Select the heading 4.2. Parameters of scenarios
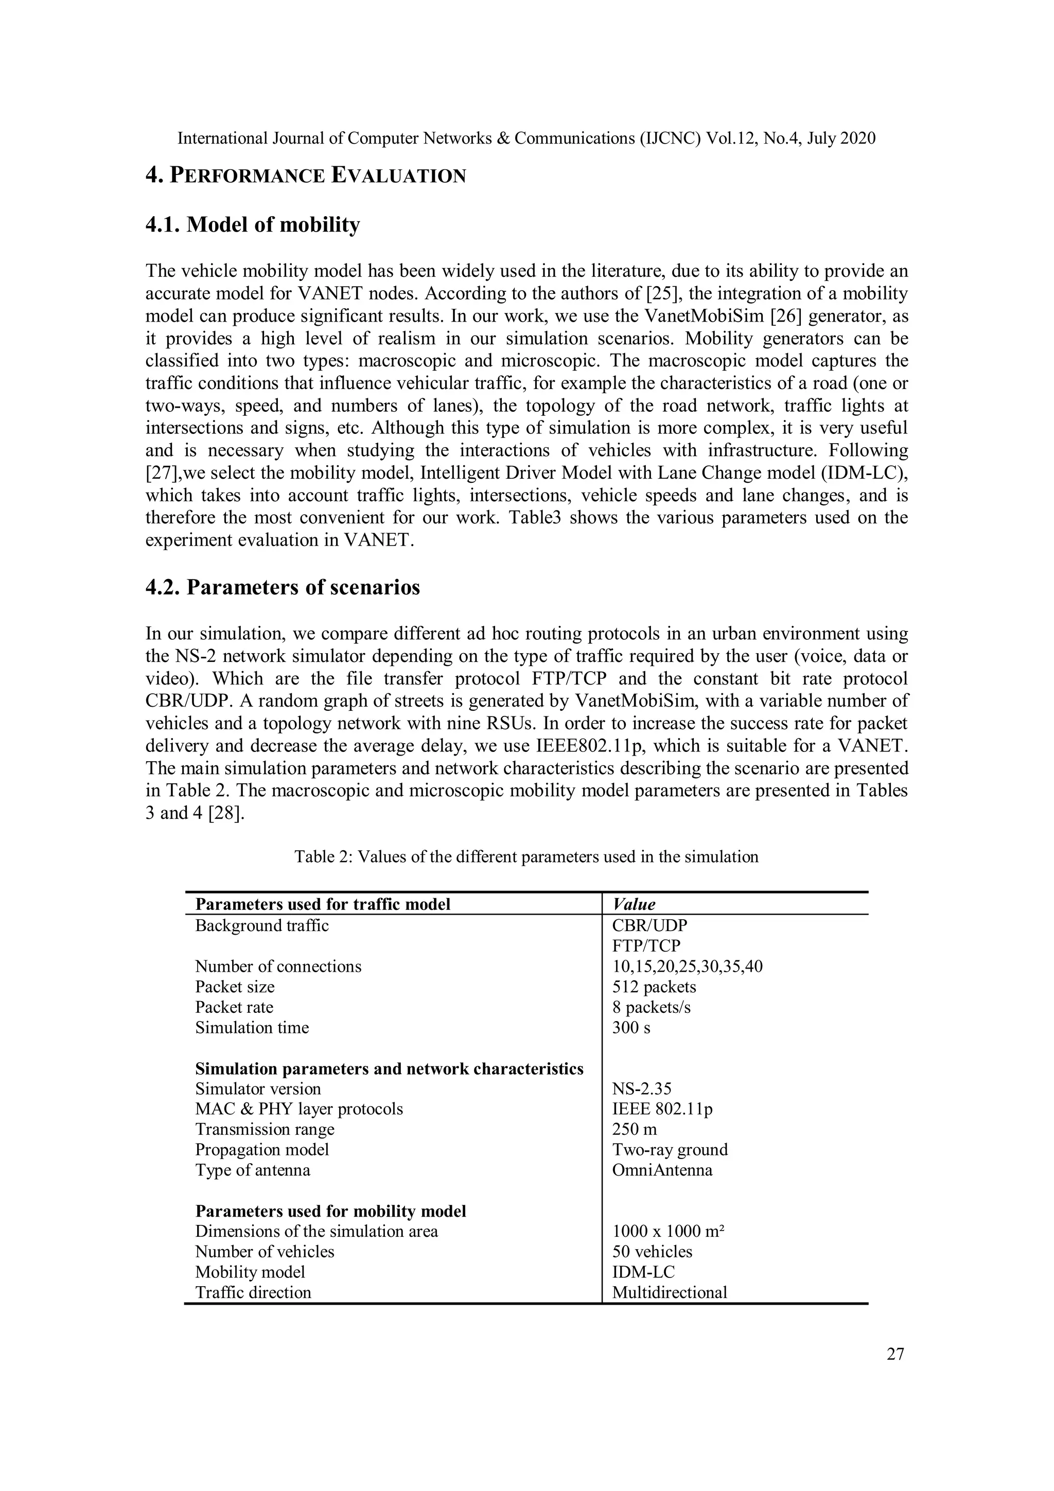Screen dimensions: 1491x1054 click(283, 587)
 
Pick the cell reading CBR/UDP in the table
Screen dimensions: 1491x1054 click(649, 925)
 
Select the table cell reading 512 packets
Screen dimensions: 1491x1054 click(654, 987)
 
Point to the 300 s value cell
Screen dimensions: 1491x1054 click(631, 1027)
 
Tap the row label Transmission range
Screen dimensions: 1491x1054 click(265, 1129)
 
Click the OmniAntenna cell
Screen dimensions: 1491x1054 click(662, 1170)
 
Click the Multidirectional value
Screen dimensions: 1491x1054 click(669, 1292)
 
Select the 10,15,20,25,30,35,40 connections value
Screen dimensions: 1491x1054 click(687, 966)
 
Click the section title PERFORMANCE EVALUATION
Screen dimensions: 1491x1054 click(317, 176)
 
